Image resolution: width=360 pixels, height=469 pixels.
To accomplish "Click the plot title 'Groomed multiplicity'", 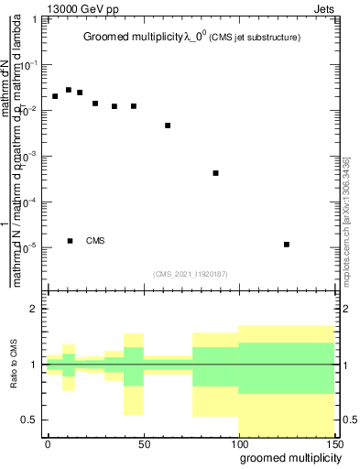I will [x=135, y=38].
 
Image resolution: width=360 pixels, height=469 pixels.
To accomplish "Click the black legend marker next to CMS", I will [x=71, y=241].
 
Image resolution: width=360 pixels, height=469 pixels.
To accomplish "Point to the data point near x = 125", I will [x=287, y=245].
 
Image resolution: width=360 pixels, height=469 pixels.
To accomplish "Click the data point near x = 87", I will [x=215, y=173].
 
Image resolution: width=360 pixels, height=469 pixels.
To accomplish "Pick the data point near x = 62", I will [x=168, y=125].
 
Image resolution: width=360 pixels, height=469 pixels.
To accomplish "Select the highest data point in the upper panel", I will [x=69, y=90].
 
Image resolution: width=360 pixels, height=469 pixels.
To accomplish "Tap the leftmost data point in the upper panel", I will [x=55, y=96].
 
